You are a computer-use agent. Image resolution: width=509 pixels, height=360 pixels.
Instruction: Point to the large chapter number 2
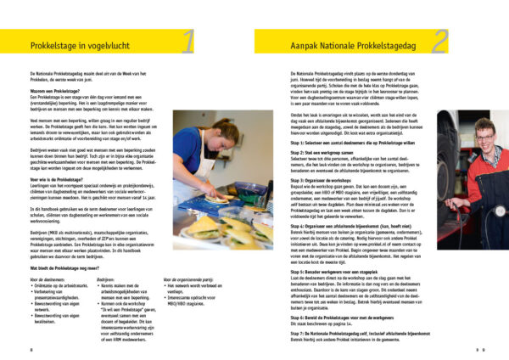click(x=440, y=41)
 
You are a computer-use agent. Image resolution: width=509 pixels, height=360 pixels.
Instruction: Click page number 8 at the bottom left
click(x=31, y=349)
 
